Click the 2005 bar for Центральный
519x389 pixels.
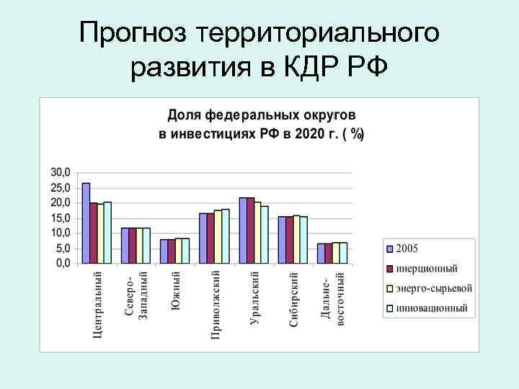point(86,223)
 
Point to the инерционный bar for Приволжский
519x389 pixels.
point(210,238)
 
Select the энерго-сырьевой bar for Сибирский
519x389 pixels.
point(296,239)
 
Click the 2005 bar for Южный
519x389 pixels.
point(164,251)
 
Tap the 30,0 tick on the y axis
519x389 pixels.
point(61,173)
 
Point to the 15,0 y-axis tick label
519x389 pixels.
point(61,218)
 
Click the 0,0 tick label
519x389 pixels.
point(63,264)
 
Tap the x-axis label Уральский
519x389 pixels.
point(254,298)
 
